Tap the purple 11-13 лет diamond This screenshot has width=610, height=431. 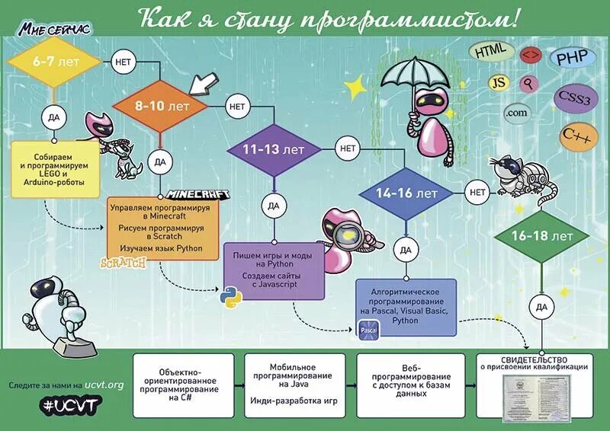click(x=272, y=149)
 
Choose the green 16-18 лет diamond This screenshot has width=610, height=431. click(x=542, y=235)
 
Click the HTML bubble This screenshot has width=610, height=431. click(x=490, y=53)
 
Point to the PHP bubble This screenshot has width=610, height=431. click(x=571, y=57)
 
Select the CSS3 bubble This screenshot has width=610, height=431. click(x=573, y=99)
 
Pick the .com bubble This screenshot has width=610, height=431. click(x=516, y=113)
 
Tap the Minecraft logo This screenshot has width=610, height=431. click(x=197, y=194)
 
